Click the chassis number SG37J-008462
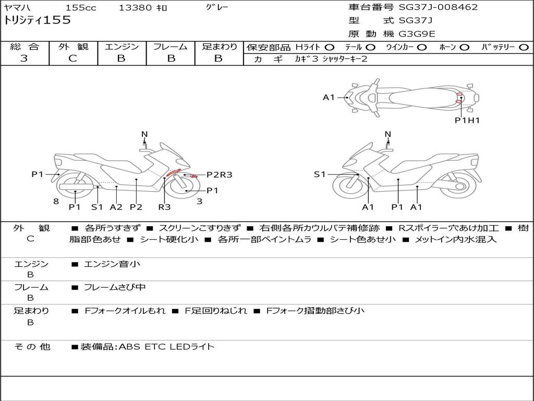coord(438,7)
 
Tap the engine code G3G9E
coord(417,34)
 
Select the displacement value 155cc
coord(81,8)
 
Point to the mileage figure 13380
coord(135,8)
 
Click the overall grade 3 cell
coord(24,58)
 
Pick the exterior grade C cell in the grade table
coord(73,58)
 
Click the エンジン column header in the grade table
coord(122,47)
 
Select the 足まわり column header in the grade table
coord(219,47)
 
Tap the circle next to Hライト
coord(330,48)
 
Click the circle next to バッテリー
coord(524,48)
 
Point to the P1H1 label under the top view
coord(467,120)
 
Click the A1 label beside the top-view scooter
coord(329,97)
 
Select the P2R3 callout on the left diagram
coord(219,175)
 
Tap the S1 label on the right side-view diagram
coord(319,174)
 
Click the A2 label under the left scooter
coord(116,207)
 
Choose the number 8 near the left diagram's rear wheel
coord(56,202)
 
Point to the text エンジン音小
coord(112,264)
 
